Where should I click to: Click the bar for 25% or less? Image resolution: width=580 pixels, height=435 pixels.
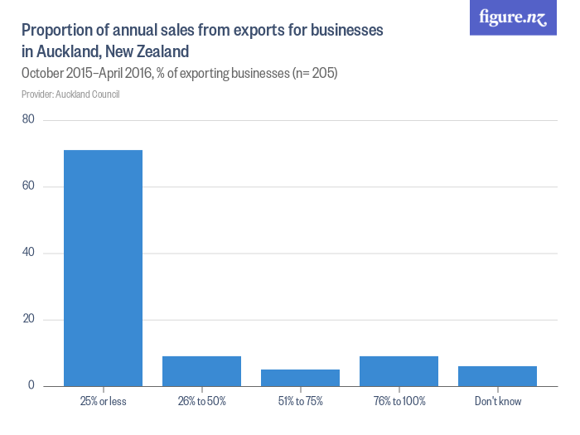(103, 268)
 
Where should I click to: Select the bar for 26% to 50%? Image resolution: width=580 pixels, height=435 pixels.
(201, 371)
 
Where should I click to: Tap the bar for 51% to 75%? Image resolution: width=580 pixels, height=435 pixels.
(300, 378)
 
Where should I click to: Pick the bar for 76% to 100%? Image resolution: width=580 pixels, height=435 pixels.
(399, 371)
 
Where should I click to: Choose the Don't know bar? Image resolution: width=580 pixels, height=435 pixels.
(497, 376)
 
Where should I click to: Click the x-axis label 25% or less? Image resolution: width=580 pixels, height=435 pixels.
(103, 401)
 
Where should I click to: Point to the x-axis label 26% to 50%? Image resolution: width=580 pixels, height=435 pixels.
(201, 401)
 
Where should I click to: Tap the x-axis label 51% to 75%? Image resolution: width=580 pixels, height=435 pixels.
(300, 401)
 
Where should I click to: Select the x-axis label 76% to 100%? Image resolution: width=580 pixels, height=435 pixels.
(399, 401)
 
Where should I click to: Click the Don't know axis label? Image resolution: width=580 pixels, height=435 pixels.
(497, 401)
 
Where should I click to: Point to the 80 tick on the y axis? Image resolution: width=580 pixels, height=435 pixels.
(28, 119)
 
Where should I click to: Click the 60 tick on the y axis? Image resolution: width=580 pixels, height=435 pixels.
(28, 186)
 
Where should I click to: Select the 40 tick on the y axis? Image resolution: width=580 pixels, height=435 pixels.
(28, 253)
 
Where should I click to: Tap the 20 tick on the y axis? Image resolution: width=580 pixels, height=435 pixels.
(28, 320)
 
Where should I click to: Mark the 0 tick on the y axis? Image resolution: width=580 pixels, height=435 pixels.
(31, 386)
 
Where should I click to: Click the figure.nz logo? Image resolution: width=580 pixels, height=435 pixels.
(513, 17)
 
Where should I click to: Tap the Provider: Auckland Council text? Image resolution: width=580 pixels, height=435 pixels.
(70, 94)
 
